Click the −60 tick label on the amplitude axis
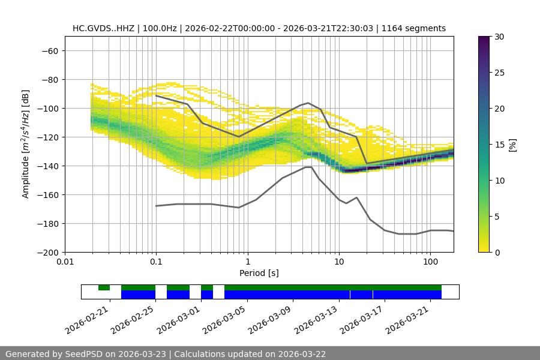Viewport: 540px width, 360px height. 49,50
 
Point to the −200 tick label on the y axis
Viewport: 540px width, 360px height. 46,252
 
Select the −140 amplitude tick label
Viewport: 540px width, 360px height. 46,166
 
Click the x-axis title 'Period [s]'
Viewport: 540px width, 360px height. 259,273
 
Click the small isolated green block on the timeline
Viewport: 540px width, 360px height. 104,287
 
